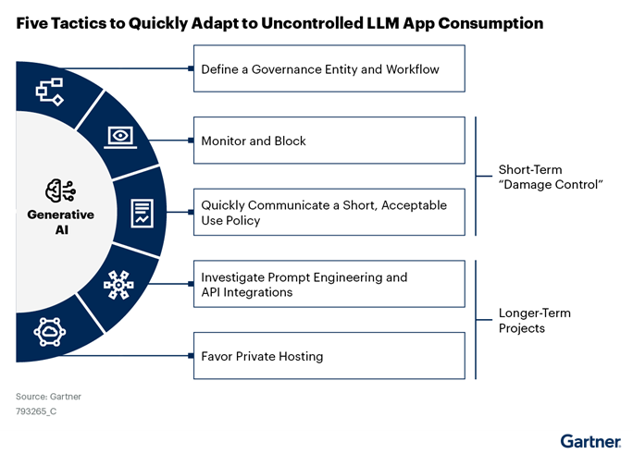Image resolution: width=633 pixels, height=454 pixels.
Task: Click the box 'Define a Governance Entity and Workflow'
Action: click(329, 69)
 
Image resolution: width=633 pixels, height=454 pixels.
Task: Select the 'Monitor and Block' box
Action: click(329, 141)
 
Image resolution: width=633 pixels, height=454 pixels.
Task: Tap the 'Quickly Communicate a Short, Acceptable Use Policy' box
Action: click(329, 212)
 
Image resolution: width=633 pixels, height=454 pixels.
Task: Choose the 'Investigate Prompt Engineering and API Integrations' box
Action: click(329, 284)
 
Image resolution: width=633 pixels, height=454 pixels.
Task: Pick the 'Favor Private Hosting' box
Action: click(329, 355)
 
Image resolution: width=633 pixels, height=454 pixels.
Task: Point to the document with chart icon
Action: click(142, 212)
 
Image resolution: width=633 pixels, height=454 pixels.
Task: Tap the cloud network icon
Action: click(47, 332)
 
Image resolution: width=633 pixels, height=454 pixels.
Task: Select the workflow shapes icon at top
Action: click(47, 91)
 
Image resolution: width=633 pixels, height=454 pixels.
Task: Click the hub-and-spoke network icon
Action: click(118, 285)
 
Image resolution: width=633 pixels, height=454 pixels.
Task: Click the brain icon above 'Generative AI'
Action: click(60, 190)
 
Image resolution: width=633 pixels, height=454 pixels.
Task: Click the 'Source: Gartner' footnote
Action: click(48, 397)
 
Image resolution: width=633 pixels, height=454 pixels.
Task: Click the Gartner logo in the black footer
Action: click(590, 440)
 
